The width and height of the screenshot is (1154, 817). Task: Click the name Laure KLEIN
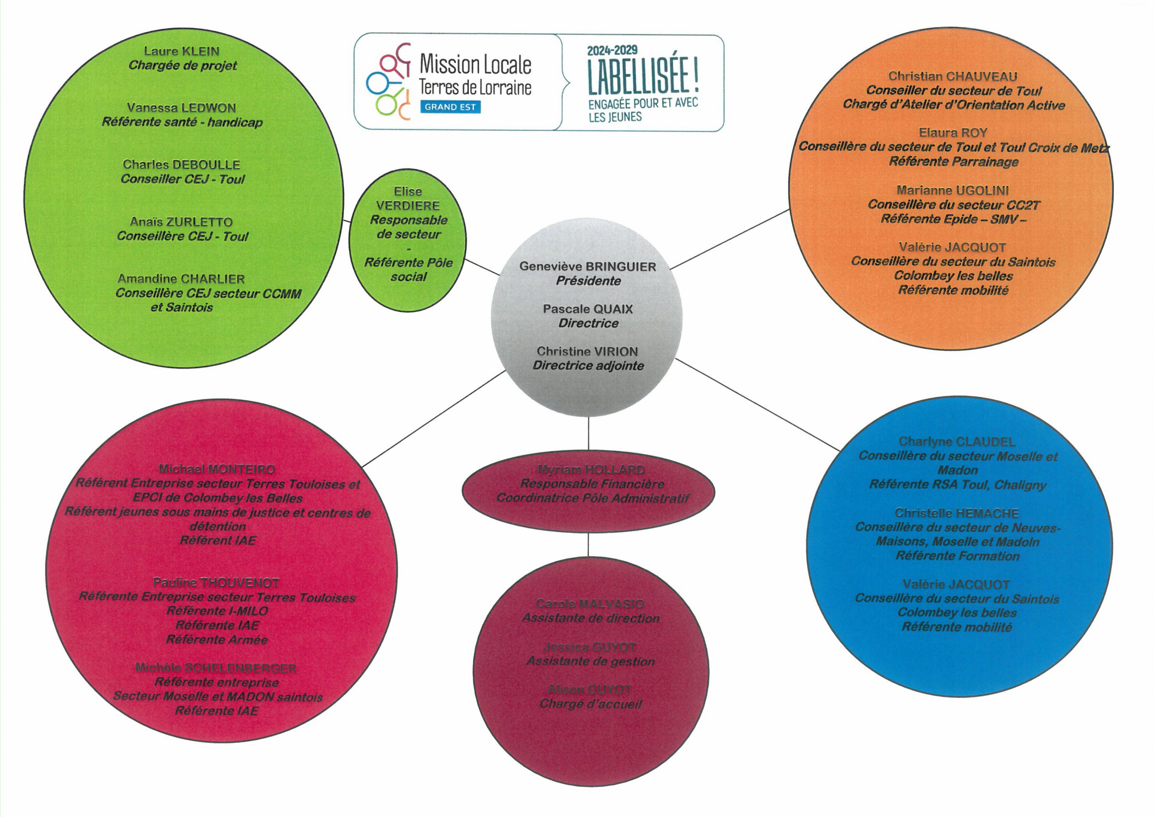click(181, 51)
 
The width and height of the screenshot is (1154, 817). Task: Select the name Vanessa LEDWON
click(181, 108)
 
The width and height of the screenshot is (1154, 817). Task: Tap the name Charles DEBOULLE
click(181, 165)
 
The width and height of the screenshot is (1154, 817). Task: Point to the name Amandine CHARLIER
click(181, 279)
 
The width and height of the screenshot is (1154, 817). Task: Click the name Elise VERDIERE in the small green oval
click(408, 199)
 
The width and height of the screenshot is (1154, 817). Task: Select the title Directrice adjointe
click(588, 366)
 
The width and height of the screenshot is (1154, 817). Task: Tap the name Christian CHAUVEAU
click(952, 76)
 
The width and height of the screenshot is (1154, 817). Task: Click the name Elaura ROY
click(953, 133)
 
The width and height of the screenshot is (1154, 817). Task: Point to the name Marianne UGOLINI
click(952, 190)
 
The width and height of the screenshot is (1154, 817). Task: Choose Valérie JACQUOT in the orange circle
click(952, 248)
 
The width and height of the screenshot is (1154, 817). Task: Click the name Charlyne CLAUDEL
click(957, 442)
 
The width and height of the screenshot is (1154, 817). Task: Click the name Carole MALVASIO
click(590, 604)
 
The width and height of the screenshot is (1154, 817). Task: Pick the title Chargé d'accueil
click(590, 704)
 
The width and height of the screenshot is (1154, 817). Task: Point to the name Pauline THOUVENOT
click(216, 583)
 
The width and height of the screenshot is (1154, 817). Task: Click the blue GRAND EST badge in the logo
click(450, 107)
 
